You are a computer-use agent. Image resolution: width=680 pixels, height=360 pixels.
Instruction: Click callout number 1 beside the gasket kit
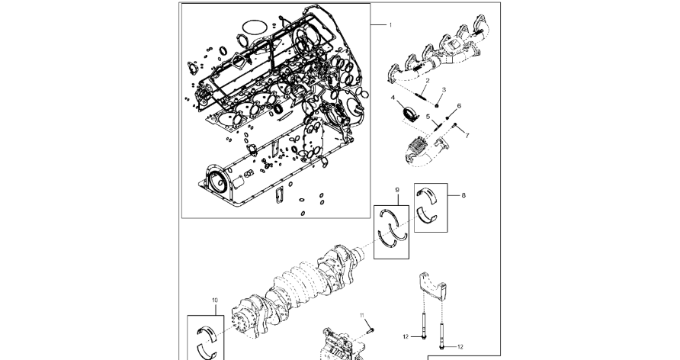tap(390, 25)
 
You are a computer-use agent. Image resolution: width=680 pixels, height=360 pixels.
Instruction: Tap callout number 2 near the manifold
tap(428, 81)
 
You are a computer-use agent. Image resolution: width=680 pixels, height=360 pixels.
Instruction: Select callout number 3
tap(444, 90)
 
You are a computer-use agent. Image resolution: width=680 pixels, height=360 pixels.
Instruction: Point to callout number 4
tap(393, 98)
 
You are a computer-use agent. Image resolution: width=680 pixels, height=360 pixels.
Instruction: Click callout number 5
tap(428, 117)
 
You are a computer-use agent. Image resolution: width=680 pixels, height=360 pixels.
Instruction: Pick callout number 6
tap(459, 106)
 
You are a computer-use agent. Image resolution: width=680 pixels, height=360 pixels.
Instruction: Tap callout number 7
tap(467, 136)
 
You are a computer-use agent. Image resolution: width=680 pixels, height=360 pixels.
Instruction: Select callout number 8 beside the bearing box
tap(463, 195)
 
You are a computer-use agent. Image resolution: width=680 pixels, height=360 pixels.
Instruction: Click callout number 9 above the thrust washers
tap(397, 190)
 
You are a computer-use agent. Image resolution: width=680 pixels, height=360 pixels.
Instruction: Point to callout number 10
tap(215, 301)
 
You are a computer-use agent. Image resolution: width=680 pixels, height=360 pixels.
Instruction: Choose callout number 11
tap(362, 315)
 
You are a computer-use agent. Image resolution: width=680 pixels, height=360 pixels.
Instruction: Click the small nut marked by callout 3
tap(438, 105)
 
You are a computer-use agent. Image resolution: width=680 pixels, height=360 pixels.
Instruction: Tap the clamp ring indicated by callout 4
tap(410, 113)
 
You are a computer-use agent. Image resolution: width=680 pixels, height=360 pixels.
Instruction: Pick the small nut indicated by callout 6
tap(447, 117)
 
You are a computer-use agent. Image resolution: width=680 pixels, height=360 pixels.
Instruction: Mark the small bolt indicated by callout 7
tap(454, 125)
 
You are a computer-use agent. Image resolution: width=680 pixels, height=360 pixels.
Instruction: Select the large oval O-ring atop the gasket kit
tap(255, 27)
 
